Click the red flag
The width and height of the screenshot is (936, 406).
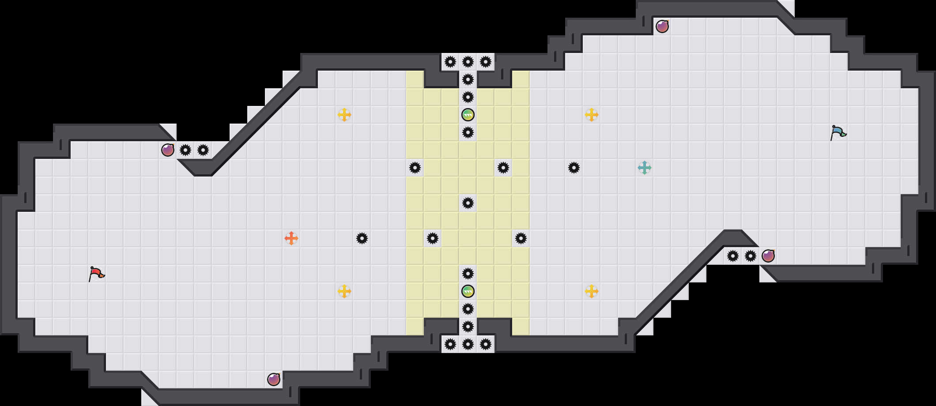coord(96,274)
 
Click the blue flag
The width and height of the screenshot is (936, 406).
coord(838,132)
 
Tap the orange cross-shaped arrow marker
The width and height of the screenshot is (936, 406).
coord(291,238)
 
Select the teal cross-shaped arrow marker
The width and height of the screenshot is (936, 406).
coord(645,168)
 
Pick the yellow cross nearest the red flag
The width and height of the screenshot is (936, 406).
coord(344,291)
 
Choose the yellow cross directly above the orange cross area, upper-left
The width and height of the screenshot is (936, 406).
coord(344,115)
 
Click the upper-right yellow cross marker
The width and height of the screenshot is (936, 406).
coord(592,115)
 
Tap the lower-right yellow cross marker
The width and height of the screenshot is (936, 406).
coord(592,291)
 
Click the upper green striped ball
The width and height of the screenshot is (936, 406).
coord(468,115)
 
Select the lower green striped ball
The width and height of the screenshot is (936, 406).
coord(468,291)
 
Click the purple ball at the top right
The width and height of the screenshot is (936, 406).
coord(662,26)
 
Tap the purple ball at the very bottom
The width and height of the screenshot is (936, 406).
coord(274,380)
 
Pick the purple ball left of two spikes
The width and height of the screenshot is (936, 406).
coord(168,150)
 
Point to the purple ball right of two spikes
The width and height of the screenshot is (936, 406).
coord(768,256)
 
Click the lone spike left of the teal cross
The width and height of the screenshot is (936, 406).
coord(574,168)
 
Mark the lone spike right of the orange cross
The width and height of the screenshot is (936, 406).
coord(362,238)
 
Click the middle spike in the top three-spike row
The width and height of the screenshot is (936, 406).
coord(468,62)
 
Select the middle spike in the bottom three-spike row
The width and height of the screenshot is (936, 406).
coord(468,344)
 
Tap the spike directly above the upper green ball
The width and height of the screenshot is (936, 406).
coord(468,97)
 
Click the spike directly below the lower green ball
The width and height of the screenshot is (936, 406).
coord(468,309)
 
